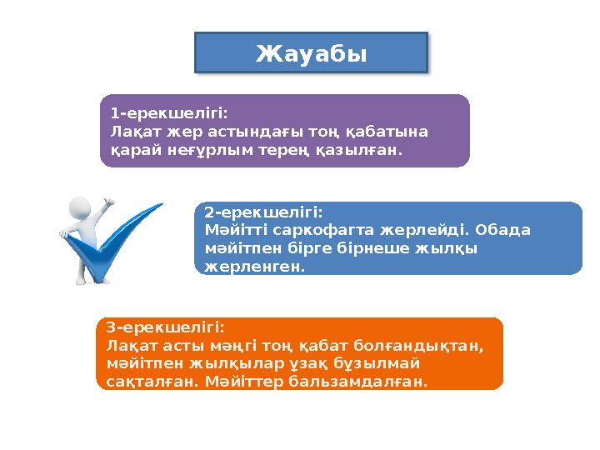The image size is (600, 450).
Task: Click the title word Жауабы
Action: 311,54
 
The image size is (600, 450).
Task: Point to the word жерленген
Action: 254,267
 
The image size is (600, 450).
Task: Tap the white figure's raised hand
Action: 107,202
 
